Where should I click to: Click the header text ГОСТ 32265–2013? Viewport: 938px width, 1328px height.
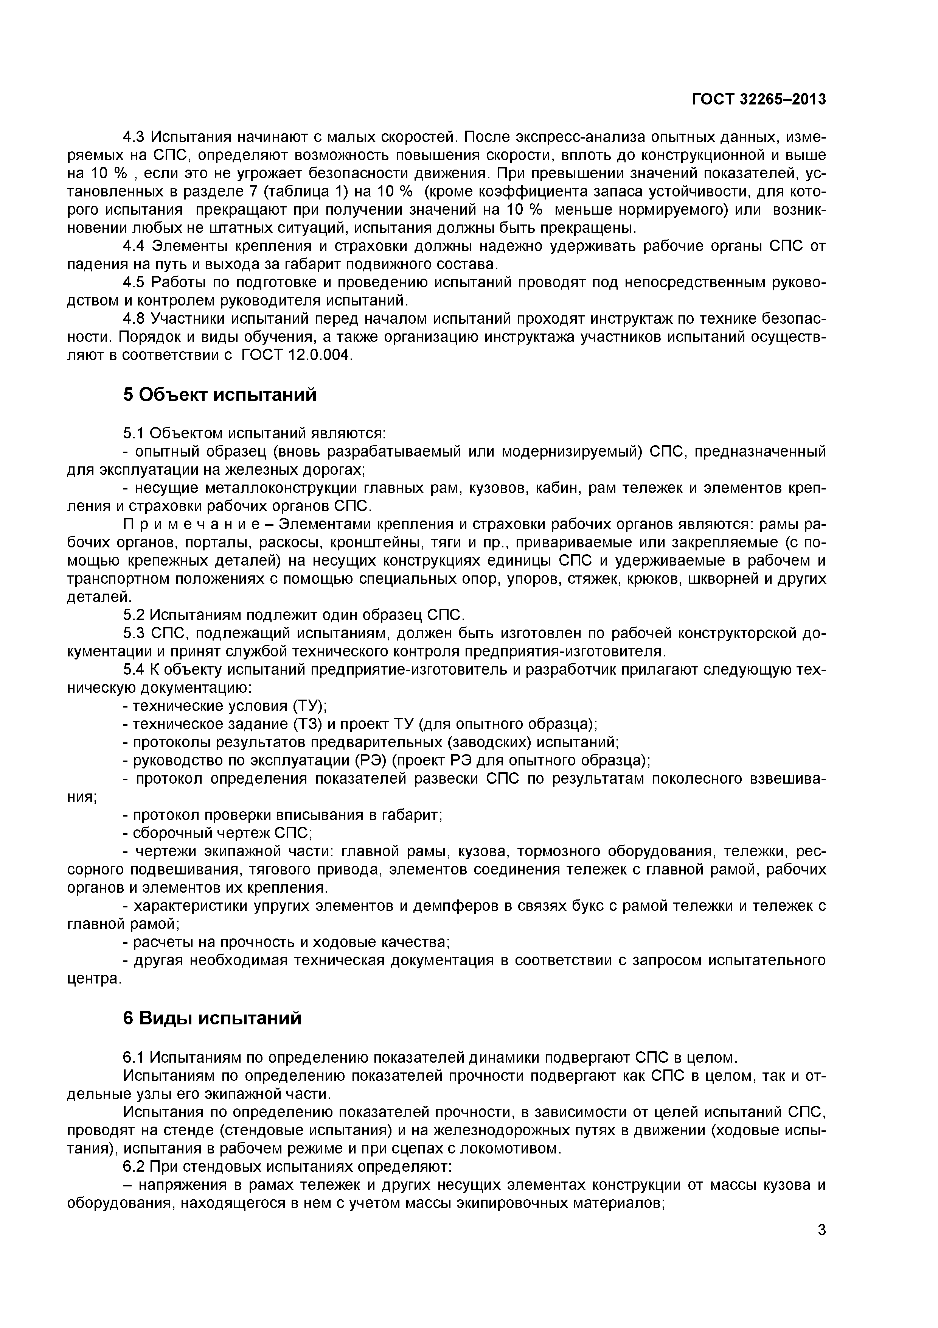pos(758,100)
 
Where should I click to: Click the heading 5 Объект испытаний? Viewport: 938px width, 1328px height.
pos(220,395)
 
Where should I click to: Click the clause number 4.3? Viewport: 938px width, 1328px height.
pos(135,137)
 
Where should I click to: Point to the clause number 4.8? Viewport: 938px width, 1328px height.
pos(135,319)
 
